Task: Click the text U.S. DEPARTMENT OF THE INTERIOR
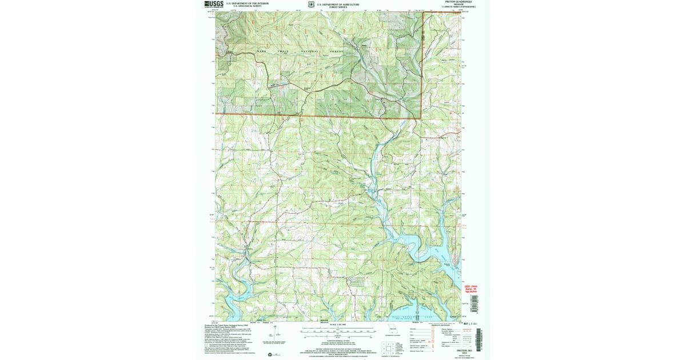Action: pyautogui.click(x=246, y=3)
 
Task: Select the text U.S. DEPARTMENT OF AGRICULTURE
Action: pyautogui.click(x=338, y=3)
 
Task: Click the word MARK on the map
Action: pyautogui.click(x=261, y=51)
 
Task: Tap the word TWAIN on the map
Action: pyautogui.click(x=284, y=51)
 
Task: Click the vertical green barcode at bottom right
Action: pyautogui.click(x=480, y=337)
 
